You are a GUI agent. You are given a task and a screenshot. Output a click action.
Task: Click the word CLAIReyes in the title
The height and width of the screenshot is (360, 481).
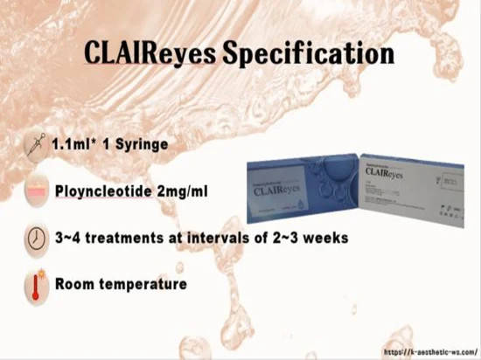coord(149,53)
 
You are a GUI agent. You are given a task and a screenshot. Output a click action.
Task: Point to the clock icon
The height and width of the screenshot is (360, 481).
coord(36,239)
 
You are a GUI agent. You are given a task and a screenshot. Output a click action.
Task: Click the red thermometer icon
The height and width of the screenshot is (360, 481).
coord(36,284)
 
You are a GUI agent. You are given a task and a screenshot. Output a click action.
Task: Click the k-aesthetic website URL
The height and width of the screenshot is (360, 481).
coord(429,350)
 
